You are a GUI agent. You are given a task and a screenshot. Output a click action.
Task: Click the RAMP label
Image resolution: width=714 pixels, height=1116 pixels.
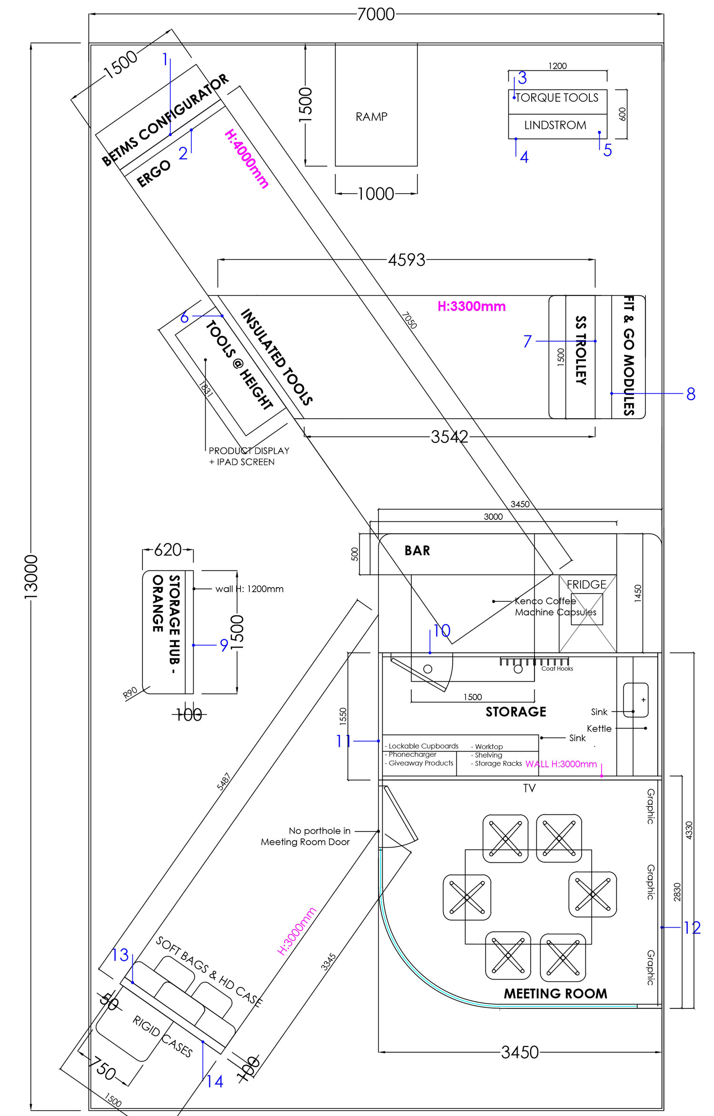point(371,117)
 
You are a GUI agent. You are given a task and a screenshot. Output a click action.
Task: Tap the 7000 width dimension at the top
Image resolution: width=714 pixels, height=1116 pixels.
point(376,14)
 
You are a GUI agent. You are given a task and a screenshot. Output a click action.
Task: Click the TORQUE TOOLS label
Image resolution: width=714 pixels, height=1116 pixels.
point(557,98)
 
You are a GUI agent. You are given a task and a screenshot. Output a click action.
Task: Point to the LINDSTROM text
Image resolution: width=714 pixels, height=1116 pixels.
point(555,125)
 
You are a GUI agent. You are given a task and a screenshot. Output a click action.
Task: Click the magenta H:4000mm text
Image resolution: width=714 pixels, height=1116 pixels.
point(247,158)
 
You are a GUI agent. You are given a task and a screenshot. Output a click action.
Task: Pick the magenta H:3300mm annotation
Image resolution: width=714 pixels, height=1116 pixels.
point(472,306)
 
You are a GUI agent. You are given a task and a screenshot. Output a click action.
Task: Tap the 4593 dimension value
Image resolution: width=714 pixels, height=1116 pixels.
point(407,260)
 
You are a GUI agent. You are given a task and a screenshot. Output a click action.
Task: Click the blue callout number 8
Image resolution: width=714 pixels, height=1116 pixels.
point(691,394)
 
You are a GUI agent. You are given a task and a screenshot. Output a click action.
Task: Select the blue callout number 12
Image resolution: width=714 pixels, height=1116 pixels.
point(692,928)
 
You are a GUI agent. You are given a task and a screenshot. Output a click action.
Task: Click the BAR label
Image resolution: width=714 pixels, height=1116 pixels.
point(417,550)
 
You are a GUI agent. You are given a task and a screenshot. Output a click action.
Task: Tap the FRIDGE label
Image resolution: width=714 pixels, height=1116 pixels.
point(586,584)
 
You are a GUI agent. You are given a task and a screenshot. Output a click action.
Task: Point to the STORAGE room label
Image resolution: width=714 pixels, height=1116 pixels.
point(516,712)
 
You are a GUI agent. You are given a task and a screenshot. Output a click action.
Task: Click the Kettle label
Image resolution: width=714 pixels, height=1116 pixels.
point(599,728)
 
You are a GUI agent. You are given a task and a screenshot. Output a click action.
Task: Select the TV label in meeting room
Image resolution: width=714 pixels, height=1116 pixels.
point(529,788)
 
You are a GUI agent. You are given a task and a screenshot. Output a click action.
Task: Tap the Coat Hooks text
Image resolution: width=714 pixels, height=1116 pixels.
point(557,669)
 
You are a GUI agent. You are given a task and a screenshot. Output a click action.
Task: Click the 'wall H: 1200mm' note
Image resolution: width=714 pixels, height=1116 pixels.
point(249,589)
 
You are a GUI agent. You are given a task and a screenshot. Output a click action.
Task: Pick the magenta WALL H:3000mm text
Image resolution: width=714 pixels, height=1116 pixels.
point(561,764)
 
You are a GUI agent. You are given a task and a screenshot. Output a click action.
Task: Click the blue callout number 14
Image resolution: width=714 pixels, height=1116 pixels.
point(215,1082)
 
